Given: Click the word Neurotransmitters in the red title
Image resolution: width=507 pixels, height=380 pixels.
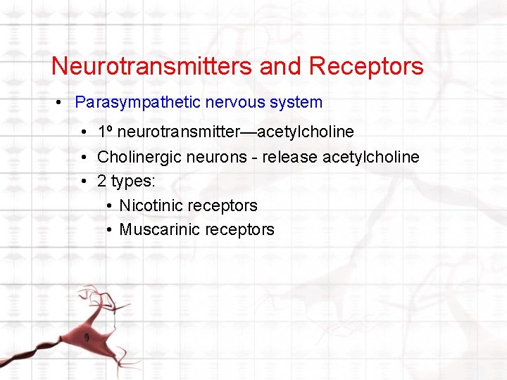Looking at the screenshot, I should click(x=152, y=66).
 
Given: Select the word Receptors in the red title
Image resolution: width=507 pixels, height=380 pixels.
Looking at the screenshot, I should click(x=366, y=66).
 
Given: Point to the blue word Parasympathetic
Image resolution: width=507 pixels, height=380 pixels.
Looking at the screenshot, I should click(x=138, y=102).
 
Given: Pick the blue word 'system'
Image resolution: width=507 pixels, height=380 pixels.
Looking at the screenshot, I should click(x=297, y=102).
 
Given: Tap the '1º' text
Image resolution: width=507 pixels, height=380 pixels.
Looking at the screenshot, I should click(x=106, y=132).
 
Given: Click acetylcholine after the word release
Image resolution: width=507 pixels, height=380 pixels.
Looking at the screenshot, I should click(x=371, y=157).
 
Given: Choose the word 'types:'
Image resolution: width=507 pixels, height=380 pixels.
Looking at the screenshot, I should click(x=132, y=182).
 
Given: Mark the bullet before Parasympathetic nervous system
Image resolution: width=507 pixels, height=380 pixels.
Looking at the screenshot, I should click(x=61, y=103).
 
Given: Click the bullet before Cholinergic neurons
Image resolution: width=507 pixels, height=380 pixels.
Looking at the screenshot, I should click(x=84, y=158).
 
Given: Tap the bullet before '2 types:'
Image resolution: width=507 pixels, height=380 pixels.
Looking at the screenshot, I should click(x=84, y=182).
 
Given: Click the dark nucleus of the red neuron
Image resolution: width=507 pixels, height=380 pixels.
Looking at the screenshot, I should click(x=87, y=337).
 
